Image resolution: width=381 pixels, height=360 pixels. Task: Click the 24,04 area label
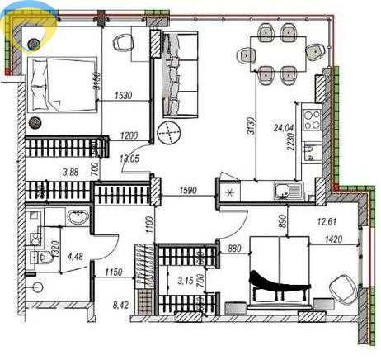point(284,129)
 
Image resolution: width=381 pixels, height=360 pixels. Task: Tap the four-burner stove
point(313,121)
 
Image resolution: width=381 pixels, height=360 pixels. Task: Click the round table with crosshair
point(168,132)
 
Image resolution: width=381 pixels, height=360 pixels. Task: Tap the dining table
point(278,52)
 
